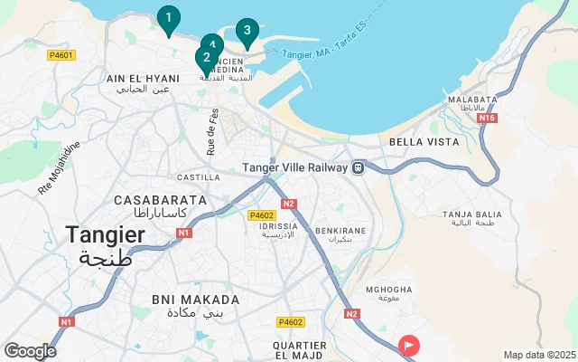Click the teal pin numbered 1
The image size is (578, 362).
(168, 18)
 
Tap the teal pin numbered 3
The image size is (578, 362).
(247, 31)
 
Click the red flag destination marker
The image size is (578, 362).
(409, 345)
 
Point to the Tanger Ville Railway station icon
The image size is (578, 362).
(359, 167)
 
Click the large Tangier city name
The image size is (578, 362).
(105, 235)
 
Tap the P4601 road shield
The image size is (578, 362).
(61, 55)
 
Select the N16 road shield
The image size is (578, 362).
(488, 118)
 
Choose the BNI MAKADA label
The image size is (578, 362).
(195, 300)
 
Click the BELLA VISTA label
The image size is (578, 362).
(424, 142)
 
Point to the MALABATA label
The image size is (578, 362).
(472, 100)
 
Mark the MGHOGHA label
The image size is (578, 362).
(388, 290)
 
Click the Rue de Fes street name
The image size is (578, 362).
(214, 131)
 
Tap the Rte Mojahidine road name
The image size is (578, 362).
(59, 167)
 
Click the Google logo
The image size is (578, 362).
(30, 351)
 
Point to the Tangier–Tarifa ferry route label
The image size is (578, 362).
(321, 54)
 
